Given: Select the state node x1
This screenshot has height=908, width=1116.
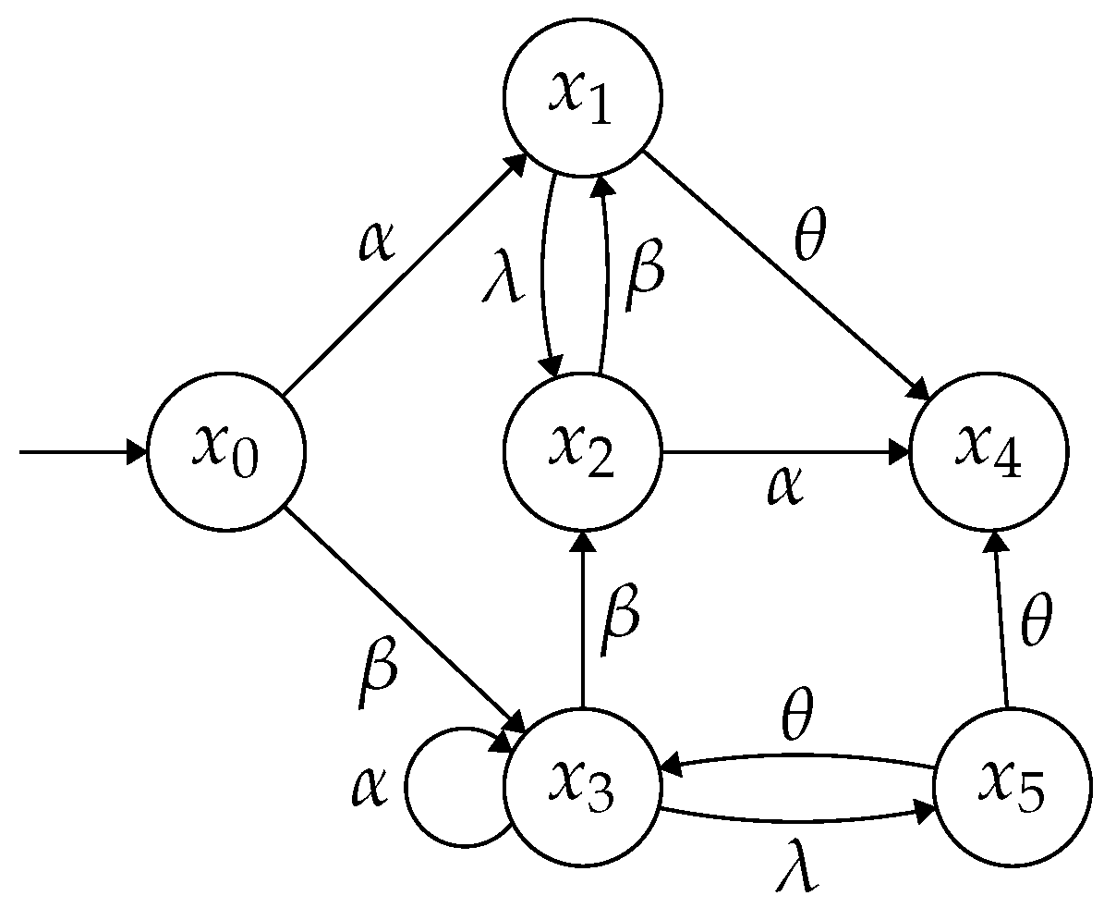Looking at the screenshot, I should (582, 96).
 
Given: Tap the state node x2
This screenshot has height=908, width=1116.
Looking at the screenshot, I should (582, 452).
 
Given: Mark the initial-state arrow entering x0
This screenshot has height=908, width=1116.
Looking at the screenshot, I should (83, 453).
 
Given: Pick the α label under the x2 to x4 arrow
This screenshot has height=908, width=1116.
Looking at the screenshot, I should (785, 485).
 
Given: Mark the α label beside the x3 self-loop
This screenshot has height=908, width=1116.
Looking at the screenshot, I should (370, 787).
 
